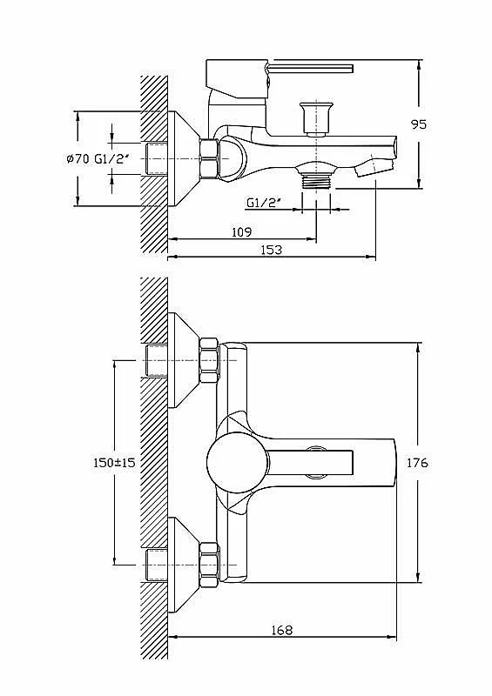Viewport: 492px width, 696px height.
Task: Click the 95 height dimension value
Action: point(418,124)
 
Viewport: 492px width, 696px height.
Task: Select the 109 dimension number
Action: point(242,231)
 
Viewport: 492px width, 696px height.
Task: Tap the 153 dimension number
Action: point(271,250)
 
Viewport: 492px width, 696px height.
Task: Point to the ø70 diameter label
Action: point(78,159)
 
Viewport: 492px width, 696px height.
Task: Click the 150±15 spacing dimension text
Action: point(114,463)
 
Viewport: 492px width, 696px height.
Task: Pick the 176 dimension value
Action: point(418,463)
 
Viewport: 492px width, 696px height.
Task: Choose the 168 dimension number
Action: point(282,630)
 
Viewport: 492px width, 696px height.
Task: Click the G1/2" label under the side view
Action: point(264,203)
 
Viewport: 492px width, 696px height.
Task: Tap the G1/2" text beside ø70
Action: point(111,159)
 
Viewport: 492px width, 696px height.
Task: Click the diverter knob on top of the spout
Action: point(316,118)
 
